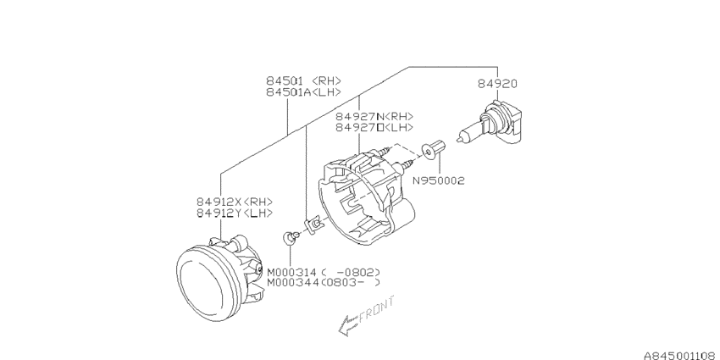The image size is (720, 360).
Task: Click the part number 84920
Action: click(x=497, y=84)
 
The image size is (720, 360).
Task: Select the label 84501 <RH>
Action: click(x=303, y=80)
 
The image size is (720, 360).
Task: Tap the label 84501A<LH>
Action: click(x=303, y=92)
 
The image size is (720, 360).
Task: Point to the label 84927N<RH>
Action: click(x=374, y=117)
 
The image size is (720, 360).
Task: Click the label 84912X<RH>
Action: click(x=235, y=202)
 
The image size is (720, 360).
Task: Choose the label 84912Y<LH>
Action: click(x=235, y=213)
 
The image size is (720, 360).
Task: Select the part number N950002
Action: click(x=439, y=181)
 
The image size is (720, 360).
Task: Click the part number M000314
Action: click(x=292, y=272)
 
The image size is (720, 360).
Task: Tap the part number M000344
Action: click(x=292, y=283)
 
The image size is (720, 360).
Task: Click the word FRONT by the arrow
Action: click(x=377, y=310)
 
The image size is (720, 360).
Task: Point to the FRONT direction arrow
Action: click(x=348, y=325)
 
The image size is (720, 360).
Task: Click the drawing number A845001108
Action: click(x=681, y=356)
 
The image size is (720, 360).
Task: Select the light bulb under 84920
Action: click(x=490, y=123)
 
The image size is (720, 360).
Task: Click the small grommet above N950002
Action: click(x=434, y=150)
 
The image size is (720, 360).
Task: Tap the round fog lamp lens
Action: click(x=206, y=284)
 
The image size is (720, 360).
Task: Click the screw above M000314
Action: click(x=291, y=236)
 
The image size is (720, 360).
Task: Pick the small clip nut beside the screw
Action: click(x=313, y=224)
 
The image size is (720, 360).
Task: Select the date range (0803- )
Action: click(x=351, y=283)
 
